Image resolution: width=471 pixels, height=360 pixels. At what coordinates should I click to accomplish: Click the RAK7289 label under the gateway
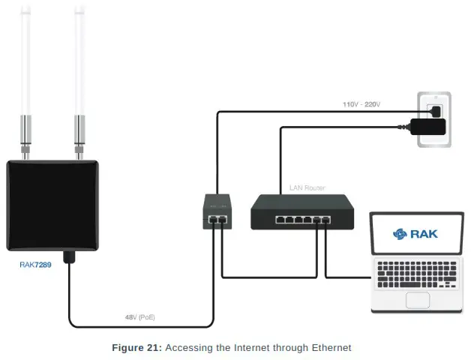coord(35,265)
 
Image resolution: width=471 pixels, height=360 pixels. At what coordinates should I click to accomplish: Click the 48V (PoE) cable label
coord(140,317)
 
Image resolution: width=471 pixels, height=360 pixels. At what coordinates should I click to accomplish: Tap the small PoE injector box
coord(216,211)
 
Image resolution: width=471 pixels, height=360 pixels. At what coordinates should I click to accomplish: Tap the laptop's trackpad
coord(417,300)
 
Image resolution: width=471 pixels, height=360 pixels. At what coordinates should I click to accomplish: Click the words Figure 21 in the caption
coord(136,347)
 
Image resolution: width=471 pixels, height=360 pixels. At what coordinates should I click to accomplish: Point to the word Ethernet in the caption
coord(328,347)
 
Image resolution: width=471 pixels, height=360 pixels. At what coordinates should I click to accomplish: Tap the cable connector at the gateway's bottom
coord(69,257)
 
